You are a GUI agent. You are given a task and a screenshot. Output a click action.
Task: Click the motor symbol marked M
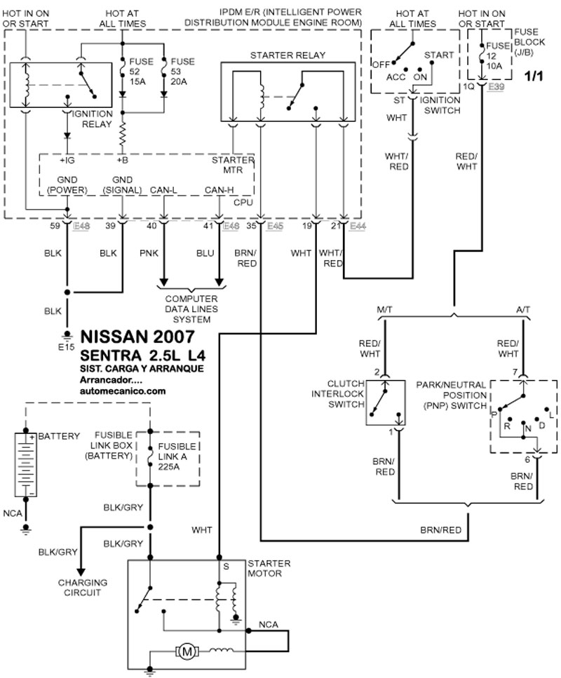tap(187, 651)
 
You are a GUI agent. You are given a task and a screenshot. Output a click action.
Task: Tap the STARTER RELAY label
tap(288, 55)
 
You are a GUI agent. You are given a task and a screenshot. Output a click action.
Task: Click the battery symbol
tap(25, 465)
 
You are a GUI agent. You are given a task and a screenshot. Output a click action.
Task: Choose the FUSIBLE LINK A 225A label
tap(177, 456)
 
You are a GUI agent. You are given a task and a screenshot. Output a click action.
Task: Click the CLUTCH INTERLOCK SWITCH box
tap(386, 402)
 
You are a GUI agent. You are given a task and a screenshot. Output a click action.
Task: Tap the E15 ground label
tap(67, 347)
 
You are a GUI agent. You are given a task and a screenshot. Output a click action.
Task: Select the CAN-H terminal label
tap(219, 190)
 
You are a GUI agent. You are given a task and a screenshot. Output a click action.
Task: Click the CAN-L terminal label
tap(163, 190)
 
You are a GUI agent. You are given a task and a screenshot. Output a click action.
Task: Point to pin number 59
tap(55, 226)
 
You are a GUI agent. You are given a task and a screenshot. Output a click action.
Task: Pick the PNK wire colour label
tap(149, 253)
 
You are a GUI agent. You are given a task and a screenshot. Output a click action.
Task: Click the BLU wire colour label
tap(205, 253)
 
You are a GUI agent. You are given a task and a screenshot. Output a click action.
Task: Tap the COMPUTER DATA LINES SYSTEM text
tap(191, 309)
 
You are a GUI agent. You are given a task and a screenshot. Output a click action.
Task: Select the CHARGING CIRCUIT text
tap(82, 588)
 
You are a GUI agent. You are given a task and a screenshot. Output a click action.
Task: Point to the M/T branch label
tap(384, 310)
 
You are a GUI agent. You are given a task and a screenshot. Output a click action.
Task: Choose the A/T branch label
tap(523, 310)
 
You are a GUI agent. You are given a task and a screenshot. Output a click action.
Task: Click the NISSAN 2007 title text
tap(137, 337)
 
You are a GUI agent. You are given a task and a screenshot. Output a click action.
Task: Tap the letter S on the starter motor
tap(226, 567)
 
